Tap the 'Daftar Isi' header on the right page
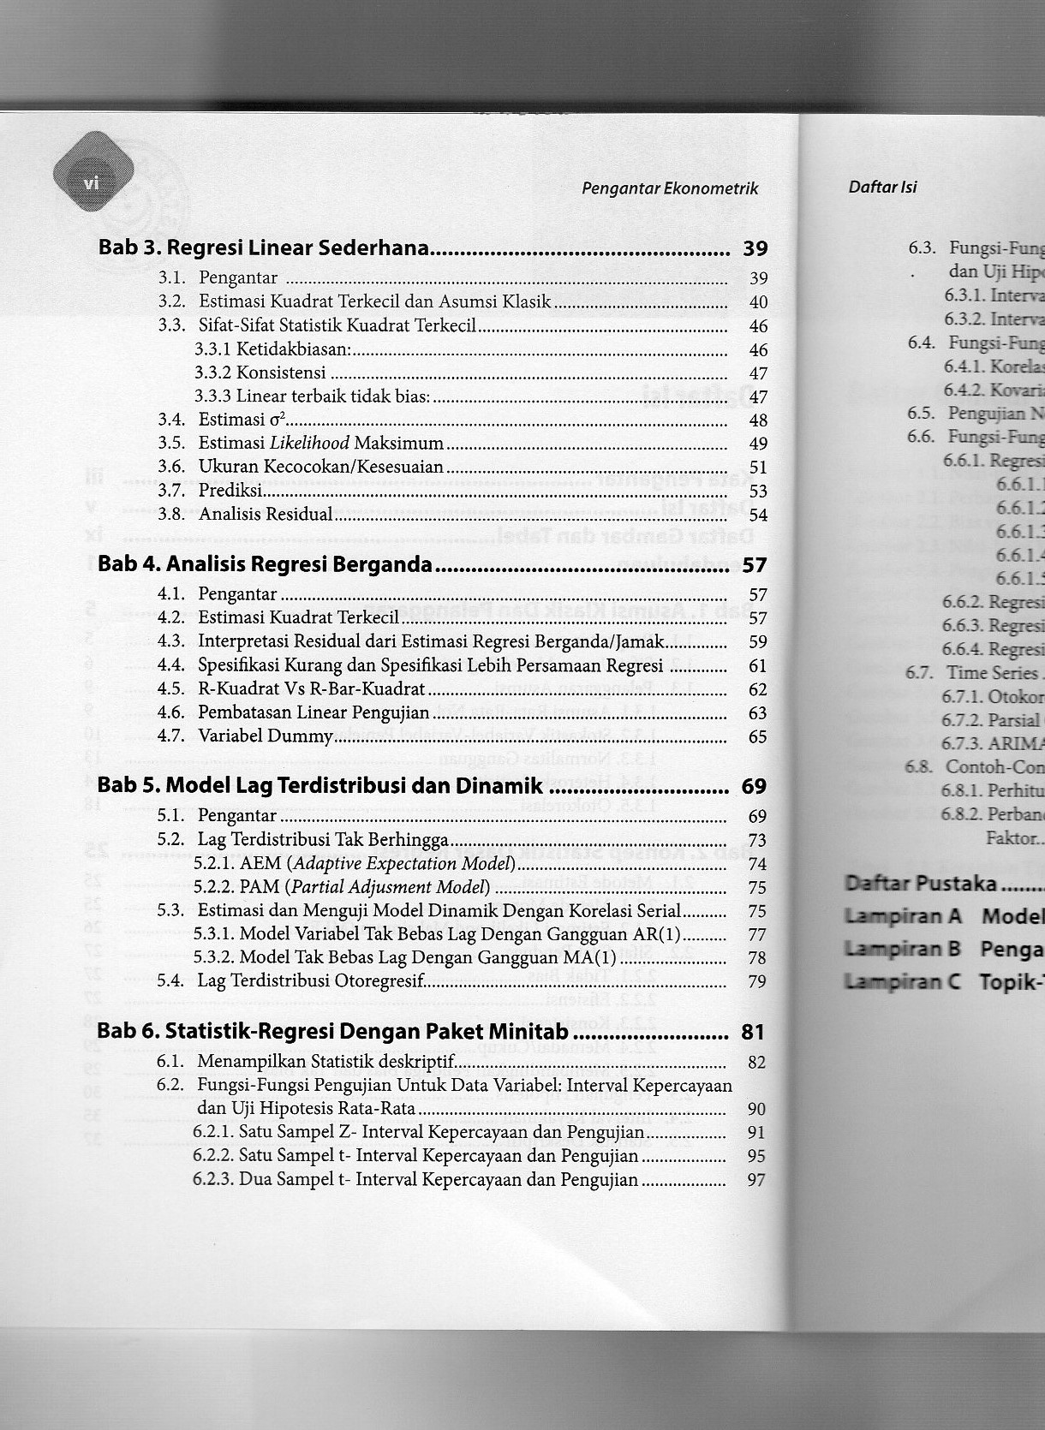(882, 187)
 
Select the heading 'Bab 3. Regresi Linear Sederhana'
(263, 248)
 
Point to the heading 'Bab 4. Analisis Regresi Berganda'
(265, 564)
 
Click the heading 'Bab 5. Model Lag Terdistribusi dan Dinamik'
(319, 785)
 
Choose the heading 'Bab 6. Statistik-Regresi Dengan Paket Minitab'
(332, 1031)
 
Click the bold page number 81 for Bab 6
(752, 1032)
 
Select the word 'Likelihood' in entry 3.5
(309, 443)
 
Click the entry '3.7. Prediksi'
(230, 491)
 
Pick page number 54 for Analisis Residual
(757, 515)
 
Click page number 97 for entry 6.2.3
(755, 1180)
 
